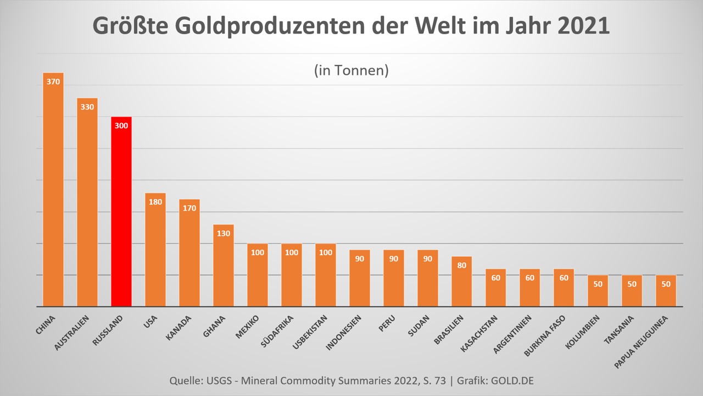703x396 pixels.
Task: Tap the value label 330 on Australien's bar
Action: click(87, 107)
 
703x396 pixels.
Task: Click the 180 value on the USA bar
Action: click(155, 202)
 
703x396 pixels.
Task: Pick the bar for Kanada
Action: click(189, 253)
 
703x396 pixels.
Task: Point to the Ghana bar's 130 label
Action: click(224, 233)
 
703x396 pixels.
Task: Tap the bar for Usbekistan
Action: click(326, 275)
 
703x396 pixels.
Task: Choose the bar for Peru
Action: click(394, 278)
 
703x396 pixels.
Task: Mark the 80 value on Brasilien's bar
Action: click(462, 265)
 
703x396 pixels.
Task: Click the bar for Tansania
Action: click(632, 291)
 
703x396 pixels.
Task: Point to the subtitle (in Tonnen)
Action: click(351, 71)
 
